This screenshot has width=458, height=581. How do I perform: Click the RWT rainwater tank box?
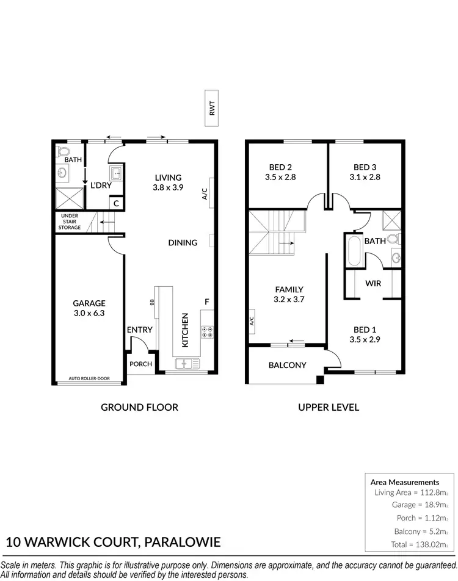(213, 109)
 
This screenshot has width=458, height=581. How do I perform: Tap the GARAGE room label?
(89, 303)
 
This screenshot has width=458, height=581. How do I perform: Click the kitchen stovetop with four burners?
(206, 331)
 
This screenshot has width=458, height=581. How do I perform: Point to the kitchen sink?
(184, 364)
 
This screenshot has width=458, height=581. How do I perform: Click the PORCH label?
(140, 364)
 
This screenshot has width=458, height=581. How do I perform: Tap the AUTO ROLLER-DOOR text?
(89, 378)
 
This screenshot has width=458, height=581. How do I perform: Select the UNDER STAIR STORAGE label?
(70, 222)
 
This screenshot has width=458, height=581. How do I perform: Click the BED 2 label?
(280, 167)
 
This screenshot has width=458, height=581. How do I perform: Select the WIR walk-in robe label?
(373, 284)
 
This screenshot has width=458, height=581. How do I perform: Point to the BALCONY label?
(287, 366)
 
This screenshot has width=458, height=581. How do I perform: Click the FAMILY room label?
(289, 289)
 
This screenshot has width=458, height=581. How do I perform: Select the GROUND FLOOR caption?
(140, 407)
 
